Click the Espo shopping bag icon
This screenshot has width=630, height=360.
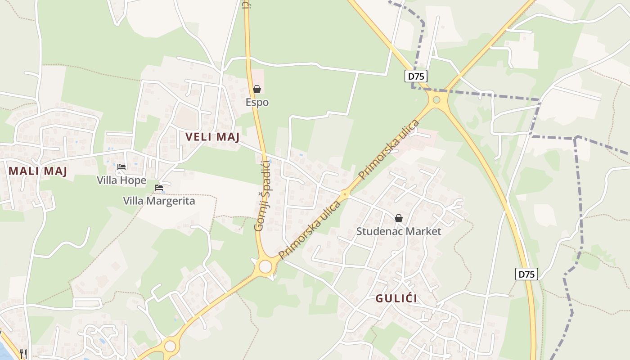[257, 89]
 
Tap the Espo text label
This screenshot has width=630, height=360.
[257, 102]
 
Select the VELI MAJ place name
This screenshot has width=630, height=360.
[212, 137]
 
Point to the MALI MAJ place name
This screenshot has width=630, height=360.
[38, 171]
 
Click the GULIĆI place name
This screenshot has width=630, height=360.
[396, 298]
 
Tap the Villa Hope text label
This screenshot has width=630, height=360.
[121, 180]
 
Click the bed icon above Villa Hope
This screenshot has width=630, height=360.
[121, 167]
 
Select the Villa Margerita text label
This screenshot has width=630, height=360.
[159, 201]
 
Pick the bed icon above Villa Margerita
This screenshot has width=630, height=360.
[159, 187]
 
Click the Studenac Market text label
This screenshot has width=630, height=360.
[399, 231]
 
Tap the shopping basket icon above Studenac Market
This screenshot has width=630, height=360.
[399, 218]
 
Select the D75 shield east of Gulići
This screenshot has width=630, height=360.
[526, 274]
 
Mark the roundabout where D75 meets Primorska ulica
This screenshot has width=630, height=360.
[436, 100]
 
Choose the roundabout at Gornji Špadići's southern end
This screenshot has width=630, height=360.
[265, 266]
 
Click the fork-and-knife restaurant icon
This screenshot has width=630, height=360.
[23, 353]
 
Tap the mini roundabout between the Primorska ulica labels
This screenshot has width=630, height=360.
[345, 194]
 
